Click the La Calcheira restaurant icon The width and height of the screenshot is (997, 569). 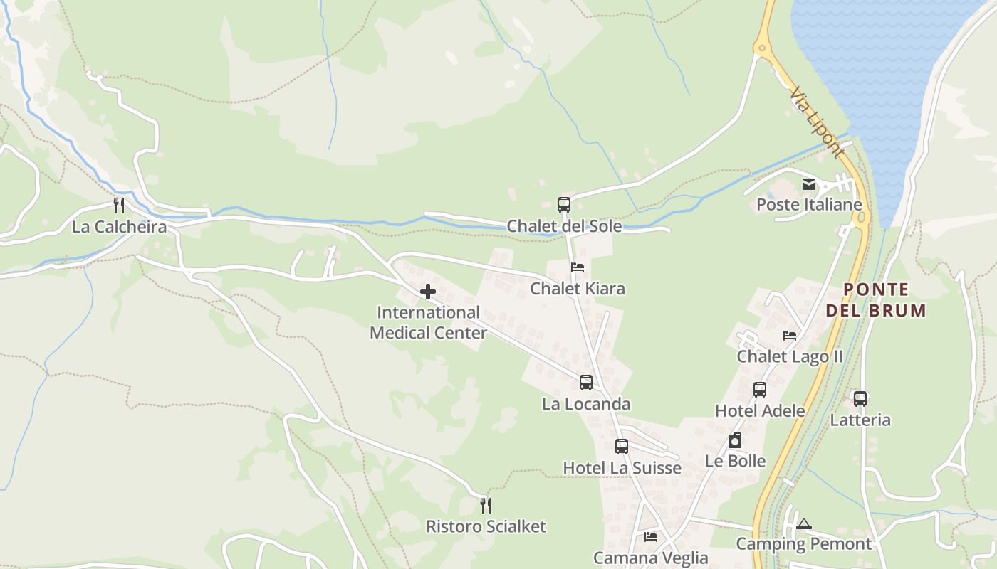point(120,206)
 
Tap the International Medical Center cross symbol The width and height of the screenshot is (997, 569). point(428,292)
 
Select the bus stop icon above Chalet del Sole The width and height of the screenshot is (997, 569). point(564,205)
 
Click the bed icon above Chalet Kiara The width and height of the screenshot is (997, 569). point(578,267)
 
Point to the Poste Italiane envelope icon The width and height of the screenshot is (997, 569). point(809,184)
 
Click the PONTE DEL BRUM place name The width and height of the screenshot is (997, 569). point(876,299)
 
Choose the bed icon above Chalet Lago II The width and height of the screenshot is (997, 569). point(790,336)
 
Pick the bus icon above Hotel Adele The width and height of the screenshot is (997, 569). point(760,390)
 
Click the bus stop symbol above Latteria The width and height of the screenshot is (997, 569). point(860,399)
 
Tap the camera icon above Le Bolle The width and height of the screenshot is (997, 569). point(735,441)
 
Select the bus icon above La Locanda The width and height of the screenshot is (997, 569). point(586,383)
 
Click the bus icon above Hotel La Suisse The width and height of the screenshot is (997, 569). point(622,447)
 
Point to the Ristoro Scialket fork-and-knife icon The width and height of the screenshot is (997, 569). point(486,506)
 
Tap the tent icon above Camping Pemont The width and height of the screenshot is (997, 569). point(804,524)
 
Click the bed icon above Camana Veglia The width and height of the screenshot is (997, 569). point(651,537)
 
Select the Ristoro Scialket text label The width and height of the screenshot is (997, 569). point(486,526)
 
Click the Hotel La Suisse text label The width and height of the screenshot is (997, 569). point(622,467)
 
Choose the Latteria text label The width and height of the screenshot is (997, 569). point(860,420)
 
